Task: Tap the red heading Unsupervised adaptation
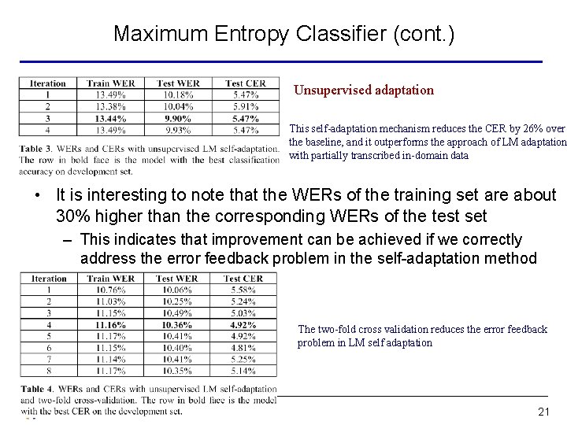pos(363,90)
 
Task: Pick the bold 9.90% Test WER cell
pos(178,118)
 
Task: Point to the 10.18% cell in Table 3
pos(178,95)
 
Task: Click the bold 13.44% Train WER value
pos(111,118)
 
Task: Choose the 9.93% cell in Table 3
pos(178,130)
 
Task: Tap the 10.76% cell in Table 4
pos(110,291)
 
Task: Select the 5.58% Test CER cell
pos(243,291)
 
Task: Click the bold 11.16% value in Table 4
pos(110,324)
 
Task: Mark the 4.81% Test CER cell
pos(243,347)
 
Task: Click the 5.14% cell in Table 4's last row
pos(243,369)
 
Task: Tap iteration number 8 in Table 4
pos(50,369)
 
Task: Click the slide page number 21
pos(543,412)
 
